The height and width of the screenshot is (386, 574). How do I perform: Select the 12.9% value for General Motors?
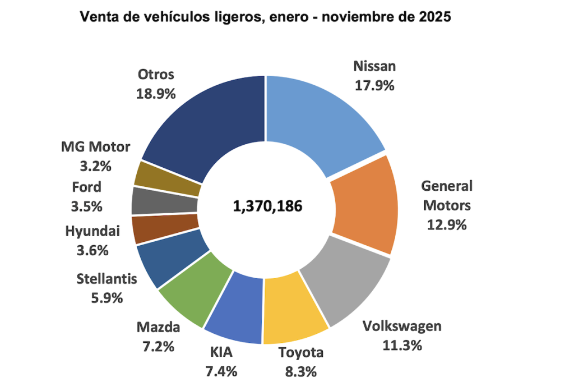[447, 225]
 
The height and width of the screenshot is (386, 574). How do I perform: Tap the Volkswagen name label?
[402, 326]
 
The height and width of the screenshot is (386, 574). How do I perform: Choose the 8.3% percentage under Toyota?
[301, 371]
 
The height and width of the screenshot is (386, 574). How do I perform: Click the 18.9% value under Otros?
[156, 93]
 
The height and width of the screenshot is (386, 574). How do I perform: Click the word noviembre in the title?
[358, 17]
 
